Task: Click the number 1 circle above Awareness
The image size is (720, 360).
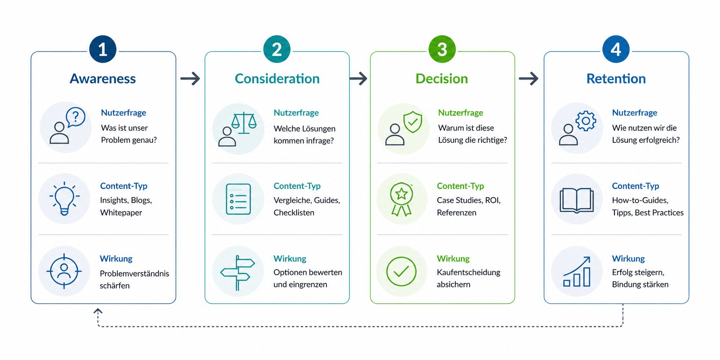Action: coord(103,50)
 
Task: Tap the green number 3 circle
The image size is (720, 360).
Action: coord(442,50)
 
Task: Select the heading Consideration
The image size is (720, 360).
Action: coord(277,79)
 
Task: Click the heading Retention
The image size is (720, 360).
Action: coord(616,79)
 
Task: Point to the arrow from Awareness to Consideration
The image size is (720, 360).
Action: coord(190,78)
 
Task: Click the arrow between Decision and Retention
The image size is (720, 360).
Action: coord(528,78)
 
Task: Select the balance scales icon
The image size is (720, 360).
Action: coord(244,123)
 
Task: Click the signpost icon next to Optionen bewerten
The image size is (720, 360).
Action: coord(238,273)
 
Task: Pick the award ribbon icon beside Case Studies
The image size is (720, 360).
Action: coord(401,199)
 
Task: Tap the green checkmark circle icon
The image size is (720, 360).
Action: coord(401,272)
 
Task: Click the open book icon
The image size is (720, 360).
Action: coord(576,200)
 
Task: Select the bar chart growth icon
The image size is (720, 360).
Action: coord(577,272)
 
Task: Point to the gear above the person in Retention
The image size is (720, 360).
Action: coord(586,121)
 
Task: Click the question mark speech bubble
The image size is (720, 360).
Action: coord(75,117)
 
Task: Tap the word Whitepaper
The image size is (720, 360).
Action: coord(121,213)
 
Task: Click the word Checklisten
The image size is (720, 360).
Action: coord(294,213)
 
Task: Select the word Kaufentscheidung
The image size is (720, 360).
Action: coord(468,272)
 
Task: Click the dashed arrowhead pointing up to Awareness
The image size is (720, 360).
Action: coord(98,311)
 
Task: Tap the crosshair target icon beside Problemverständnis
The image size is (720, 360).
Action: coord(64,271)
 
